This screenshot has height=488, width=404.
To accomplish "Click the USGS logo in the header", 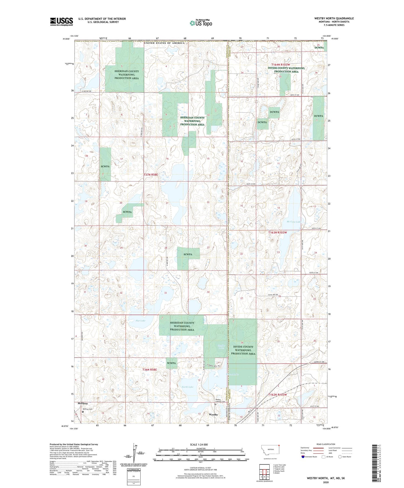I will click(x=61, y=22).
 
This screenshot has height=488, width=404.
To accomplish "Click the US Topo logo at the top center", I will click(x=201, y=23).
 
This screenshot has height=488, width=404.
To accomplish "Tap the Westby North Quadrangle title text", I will click(x=334, y=18).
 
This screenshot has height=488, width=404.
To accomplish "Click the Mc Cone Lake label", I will click(x=294, y=222).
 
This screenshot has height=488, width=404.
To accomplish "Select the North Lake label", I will click(x=187, y=387).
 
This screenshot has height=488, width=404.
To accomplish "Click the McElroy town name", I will click(x=83, y=403).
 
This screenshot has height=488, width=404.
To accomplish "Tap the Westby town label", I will click(x=213, y=415).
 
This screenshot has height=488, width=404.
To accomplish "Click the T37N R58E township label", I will click(x=151, y=175).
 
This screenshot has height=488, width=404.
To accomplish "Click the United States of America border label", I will click(x=164, y=43).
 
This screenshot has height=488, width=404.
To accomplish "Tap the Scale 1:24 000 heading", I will click(x=200, y=444).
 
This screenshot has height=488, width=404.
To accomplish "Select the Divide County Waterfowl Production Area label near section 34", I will click(x=243, y=350).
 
